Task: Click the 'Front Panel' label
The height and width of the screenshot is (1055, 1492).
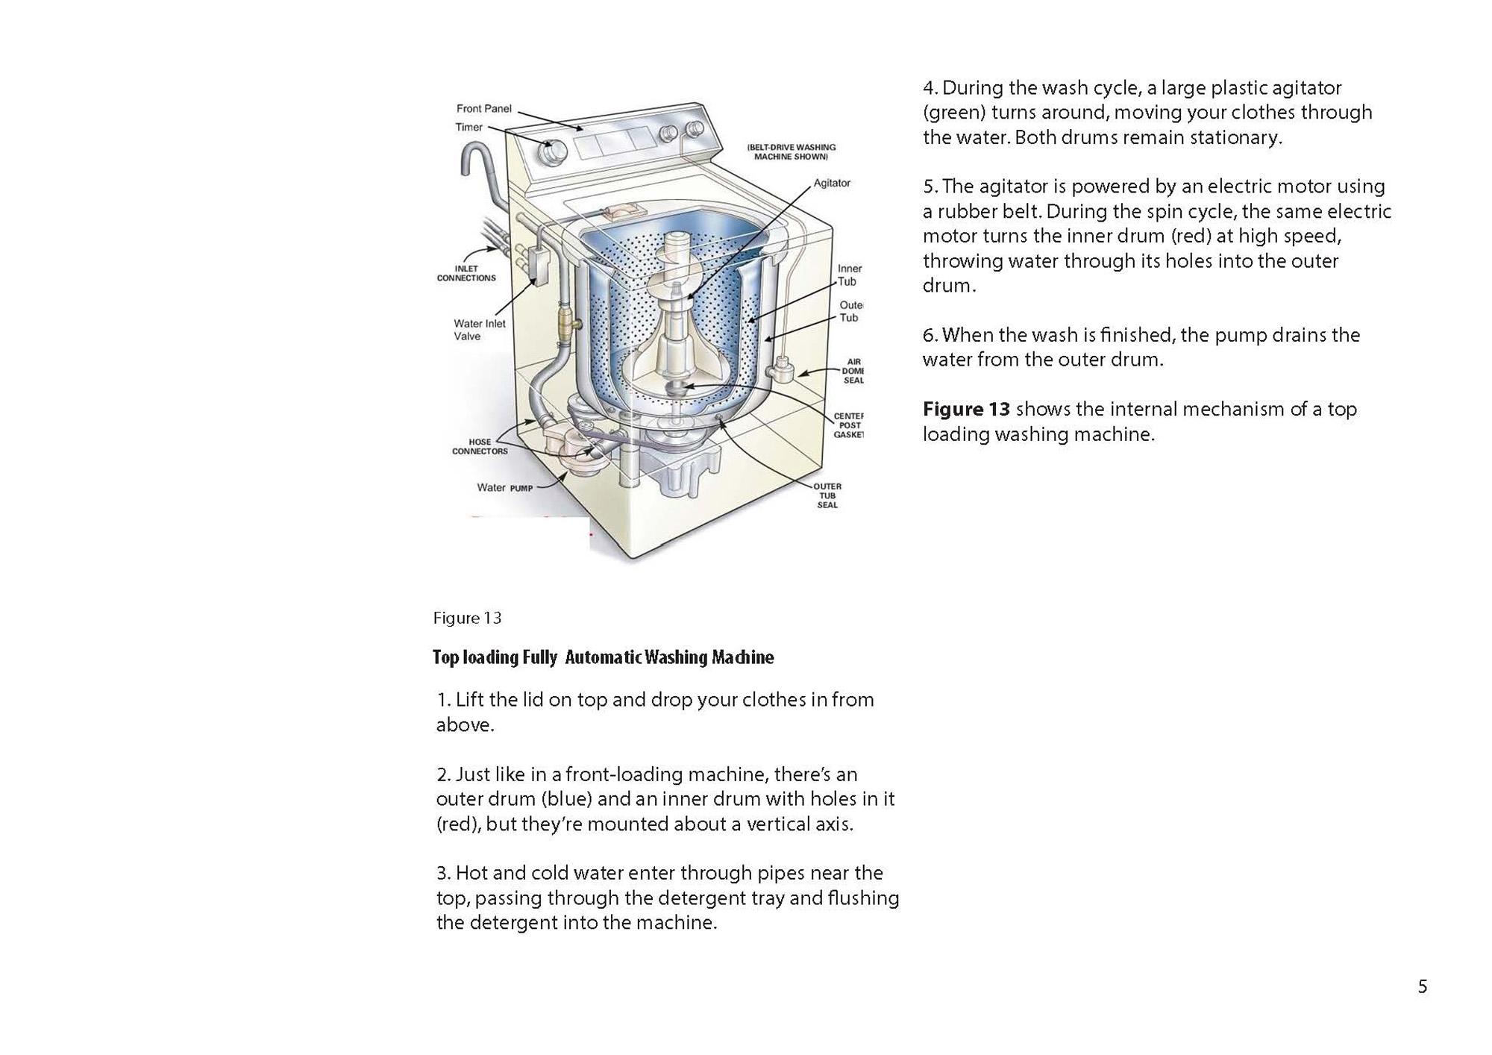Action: (484, 109)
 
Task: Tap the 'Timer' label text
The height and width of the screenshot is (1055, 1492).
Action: (469, 128)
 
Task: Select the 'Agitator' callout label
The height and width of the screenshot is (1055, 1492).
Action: (832, 183)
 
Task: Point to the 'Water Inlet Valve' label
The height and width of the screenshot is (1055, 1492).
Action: (480, 330)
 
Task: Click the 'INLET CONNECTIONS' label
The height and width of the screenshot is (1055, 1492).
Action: (466, 274)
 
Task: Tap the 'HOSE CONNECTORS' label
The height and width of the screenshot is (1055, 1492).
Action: (480, 447)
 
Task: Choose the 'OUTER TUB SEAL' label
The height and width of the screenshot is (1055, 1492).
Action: (827, 495)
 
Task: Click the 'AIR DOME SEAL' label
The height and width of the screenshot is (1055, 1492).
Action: (853, 371)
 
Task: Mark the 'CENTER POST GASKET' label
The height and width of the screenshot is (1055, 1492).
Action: (848, 425)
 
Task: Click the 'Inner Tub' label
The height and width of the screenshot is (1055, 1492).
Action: (849, 275)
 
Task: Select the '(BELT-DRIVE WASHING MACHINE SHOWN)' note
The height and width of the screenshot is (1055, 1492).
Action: (791, 152)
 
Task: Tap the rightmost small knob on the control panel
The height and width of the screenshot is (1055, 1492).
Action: (695, 129)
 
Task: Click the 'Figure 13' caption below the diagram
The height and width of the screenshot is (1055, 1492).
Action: (467, 618)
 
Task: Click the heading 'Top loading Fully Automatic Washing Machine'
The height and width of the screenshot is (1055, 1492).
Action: (603, 657)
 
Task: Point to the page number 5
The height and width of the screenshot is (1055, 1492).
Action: (1423, 987)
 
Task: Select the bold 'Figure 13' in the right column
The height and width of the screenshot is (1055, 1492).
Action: (966, 409)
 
